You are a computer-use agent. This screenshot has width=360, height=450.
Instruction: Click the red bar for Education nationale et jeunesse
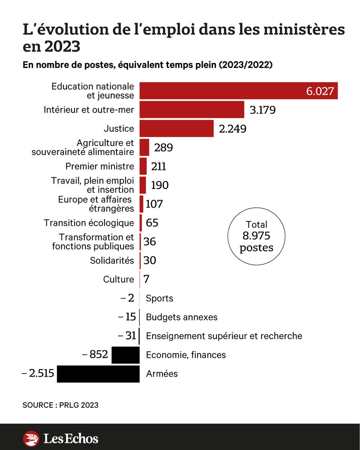238,90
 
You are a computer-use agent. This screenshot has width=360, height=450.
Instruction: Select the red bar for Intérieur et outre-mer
192,109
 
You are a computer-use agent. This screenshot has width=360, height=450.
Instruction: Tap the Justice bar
177,128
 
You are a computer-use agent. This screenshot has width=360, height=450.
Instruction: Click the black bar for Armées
98,374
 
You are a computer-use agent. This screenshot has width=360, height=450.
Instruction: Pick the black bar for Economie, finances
126,355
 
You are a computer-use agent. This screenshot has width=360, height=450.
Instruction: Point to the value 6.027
320,91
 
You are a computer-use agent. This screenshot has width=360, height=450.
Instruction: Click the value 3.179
263,110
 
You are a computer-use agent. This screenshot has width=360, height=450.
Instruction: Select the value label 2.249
232,129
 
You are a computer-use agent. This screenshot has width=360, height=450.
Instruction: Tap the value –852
95,354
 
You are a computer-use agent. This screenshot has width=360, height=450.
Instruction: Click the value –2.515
38,373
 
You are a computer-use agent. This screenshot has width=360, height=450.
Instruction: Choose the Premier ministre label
100,166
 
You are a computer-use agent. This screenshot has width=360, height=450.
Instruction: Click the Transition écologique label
89,223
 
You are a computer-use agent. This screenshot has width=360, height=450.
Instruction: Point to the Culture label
118,279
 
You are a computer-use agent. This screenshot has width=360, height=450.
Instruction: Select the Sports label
159,298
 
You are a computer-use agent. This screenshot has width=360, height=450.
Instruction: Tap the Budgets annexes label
181,317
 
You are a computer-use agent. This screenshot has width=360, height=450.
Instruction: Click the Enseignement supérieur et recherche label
224,336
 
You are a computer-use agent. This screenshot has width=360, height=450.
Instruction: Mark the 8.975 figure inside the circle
256,235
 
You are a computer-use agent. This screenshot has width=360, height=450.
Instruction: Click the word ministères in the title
304,29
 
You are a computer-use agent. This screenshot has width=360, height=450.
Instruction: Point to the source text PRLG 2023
79,405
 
